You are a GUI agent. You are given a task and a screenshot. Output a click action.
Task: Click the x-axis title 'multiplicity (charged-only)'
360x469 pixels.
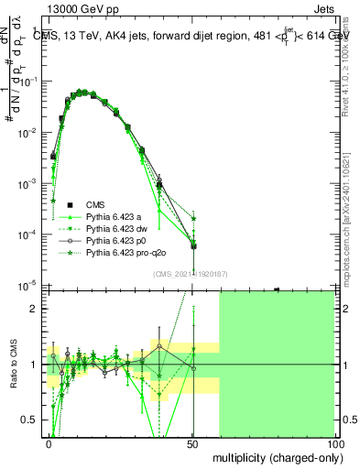click(x=275, y=456)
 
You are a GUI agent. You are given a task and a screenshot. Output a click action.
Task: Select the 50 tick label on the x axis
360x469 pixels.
click(x=192, y=443)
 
